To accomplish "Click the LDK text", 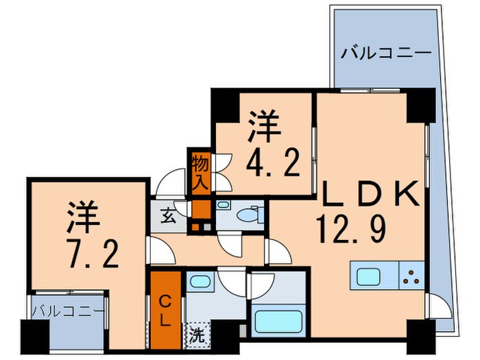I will click(368, 196).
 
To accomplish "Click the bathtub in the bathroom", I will click(275, 321).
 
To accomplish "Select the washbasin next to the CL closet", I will click(199, 281).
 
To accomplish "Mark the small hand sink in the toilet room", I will click(224, 206).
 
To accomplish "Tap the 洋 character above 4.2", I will click(263, 127).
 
